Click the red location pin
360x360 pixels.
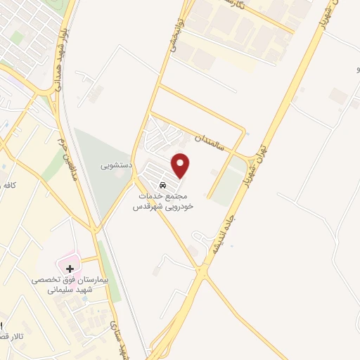181,165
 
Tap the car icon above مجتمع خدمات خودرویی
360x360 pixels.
163,185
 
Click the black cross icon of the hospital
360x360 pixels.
70,268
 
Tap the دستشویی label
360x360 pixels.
116,166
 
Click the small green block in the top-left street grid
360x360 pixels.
17,37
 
